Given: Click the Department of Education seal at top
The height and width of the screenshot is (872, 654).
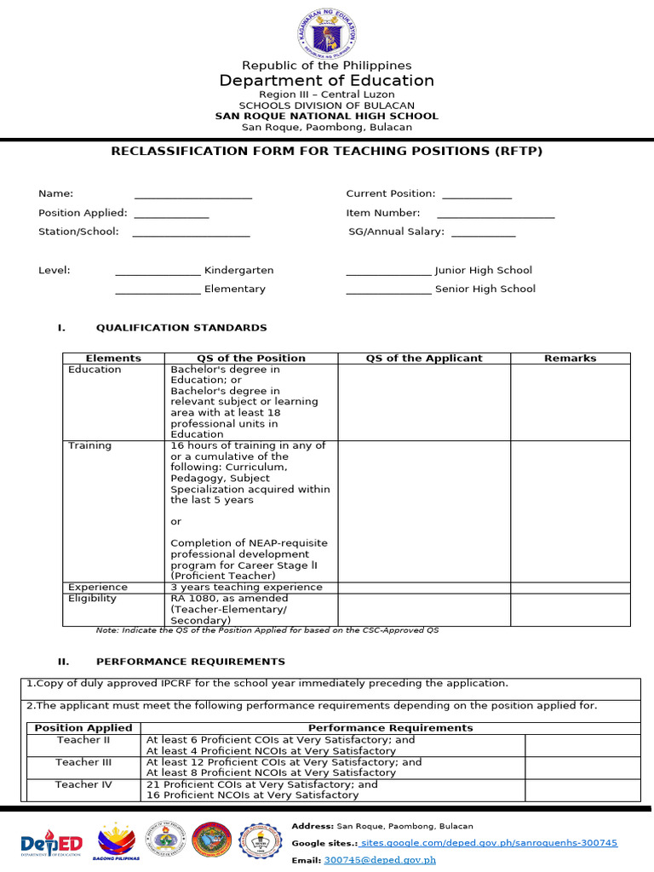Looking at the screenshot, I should (327, 32).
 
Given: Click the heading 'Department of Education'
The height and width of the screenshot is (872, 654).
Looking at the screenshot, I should (327, 81).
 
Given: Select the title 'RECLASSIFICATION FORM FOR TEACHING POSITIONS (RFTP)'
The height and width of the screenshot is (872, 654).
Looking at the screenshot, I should (327, 152).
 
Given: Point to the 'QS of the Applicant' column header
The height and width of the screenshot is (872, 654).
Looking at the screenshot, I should (424, 359).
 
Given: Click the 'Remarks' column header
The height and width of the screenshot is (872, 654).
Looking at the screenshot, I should (571, 359).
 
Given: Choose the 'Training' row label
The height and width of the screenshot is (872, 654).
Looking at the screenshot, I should (90, 445).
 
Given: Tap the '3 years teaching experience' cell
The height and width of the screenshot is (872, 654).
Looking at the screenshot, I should (247, 587).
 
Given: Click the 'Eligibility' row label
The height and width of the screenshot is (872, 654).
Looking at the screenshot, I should (93, 598).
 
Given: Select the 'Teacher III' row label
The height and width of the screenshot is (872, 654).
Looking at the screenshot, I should (83, 762).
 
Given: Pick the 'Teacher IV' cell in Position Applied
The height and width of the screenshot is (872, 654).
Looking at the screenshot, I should (83, 784).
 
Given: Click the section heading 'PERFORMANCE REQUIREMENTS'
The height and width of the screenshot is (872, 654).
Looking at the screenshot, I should (191, 662).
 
